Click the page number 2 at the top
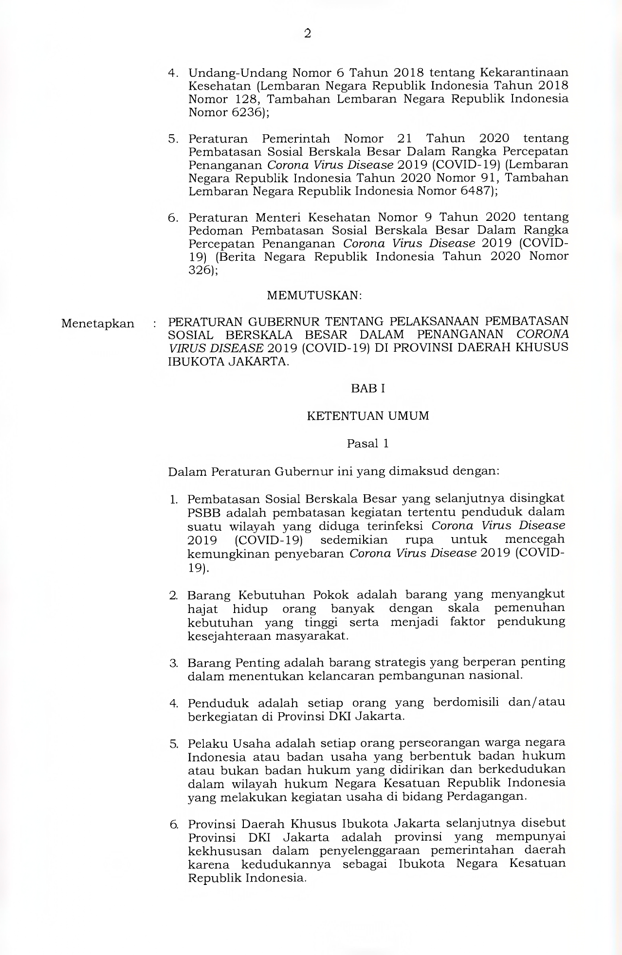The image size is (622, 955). [307, 34]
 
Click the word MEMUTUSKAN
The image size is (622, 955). [314, 295]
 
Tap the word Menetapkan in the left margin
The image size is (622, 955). [98, 324]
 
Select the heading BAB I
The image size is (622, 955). [368, 389]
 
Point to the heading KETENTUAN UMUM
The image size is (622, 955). [368, 416]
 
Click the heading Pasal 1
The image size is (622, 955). [368, 444]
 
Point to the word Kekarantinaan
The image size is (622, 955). [524, 73]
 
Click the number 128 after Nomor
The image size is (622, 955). [242, 99]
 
